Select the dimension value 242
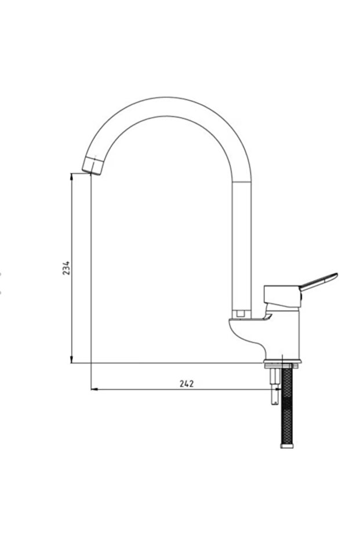pos(187,383)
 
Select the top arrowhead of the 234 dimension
pos(71,176)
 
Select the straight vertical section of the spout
pos(241,244)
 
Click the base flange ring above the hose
pos(282,365)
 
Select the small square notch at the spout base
pos(239,314)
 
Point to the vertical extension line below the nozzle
pos(91,278)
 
